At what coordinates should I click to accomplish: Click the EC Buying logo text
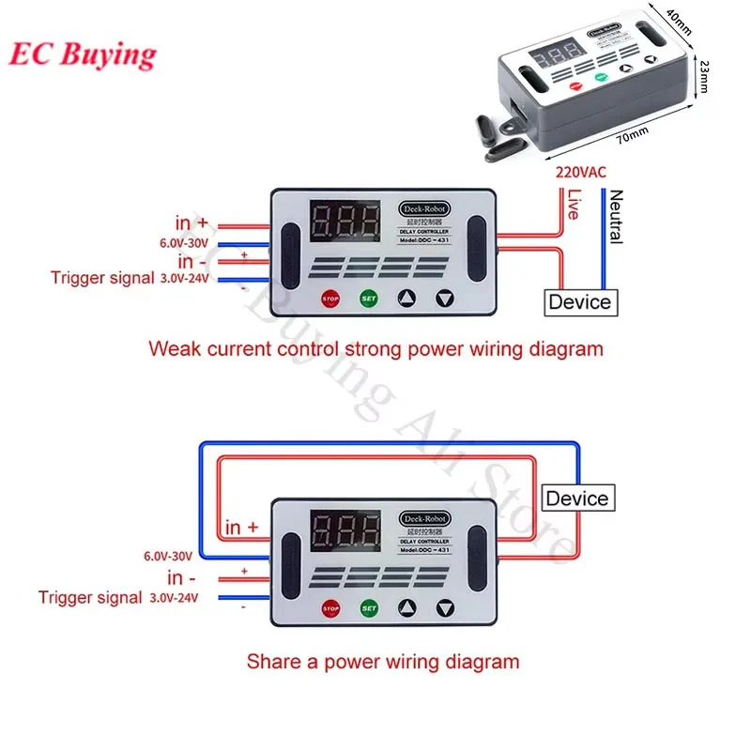tap(83, 54)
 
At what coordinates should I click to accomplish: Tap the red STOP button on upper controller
tap(330, 299)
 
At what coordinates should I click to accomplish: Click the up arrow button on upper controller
tap(406, 299)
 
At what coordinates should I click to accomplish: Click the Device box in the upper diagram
tap(579, 302)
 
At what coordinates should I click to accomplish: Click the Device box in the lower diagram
tap(576, 498)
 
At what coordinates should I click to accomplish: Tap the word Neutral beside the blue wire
tap(616, 217)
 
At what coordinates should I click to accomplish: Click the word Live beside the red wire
tap(574, 205)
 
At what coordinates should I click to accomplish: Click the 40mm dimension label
tap(677, 18)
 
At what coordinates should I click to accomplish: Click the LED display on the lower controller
tap(346, 532)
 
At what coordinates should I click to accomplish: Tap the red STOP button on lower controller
tap(330, 608)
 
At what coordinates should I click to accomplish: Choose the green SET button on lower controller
tap(368, 608)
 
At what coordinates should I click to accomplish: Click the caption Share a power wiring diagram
tap(382, 661)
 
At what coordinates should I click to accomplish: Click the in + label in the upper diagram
tap(192, 222)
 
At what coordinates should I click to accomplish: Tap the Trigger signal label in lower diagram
tap(90, 597)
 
